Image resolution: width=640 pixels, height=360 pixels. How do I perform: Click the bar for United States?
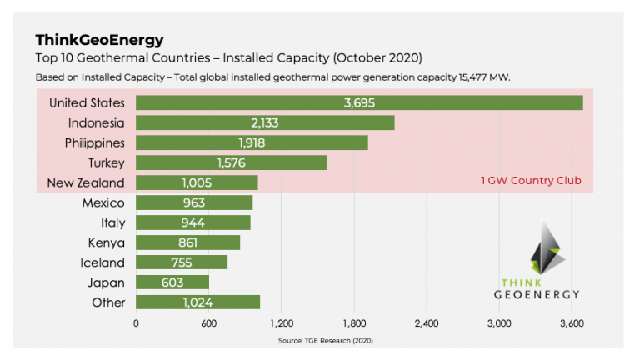tap(358, 102)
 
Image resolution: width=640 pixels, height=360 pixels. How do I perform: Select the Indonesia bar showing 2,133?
tap(265, 122)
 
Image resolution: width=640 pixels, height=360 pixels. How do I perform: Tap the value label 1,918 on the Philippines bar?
tap(252, 142)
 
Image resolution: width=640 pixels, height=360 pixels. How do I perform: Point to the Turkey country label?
tap(106, 162)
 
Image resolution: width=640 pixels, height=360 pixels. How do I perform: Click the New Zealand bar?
tap(197, 182)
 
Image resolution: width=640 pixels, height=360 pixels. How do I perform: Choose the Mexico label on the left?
tap(103, 202)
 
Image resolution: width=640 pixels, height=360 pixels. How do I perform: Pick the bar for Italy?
tap(192, 222)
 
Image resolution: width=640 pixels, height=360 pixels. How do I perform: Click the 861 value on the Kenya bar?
tap(188, 242)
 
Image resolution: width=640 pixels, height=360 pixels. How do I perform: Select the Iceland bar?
tap(182, 262)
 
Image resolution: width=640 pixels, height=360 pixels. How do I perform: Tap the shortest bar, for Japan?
tap(172, 282)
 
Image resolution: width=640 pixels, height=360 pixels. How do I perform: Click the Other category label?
tap(108, 302)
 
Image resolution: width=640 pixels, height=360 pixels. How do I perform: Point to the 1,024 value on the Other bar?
tap(198, 302)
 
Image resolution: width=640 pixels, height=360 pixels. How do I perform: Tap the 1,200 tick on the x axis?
tap(282, 322)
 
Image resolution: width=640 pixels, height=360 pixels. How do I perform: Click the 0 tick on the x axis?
tap(137, 322)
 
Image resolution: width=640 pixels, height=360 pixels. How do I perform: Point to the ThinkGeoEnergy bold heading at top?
tap(99, 40)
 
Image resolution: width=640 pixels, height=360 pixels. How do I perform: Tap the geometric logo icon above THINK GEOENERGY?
tap(537, 247)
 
